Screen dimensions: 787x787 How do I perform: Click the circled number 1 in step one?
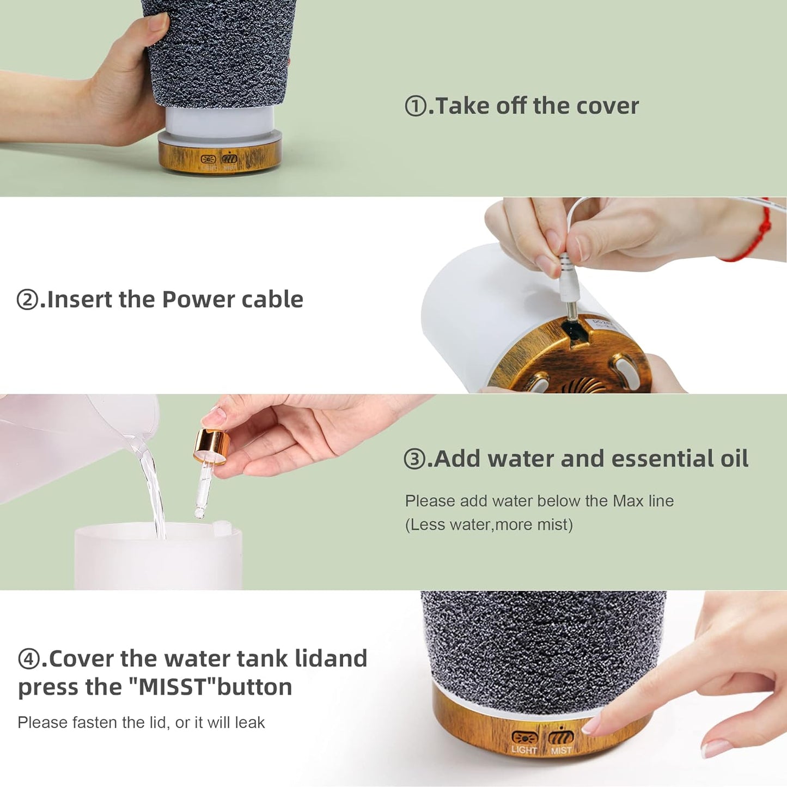point(416,106)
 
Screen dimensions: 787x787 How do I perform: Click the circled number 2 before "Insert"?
point(27,300)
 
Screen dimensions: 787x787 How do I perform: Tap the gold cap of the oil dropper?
point(210,447)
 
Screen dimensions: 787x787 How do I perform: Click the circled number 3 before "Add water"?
point(414,459)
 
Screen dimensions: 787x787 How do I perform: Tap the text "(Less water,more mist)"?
point(489,524)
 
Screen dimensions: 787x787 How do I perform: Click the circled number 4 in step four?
point(28,659)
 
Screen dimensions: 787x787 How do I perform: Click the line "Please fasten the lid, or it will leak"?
point(141,722)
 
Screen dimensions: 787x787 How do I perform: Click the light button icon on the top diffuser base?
point(209,160)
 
